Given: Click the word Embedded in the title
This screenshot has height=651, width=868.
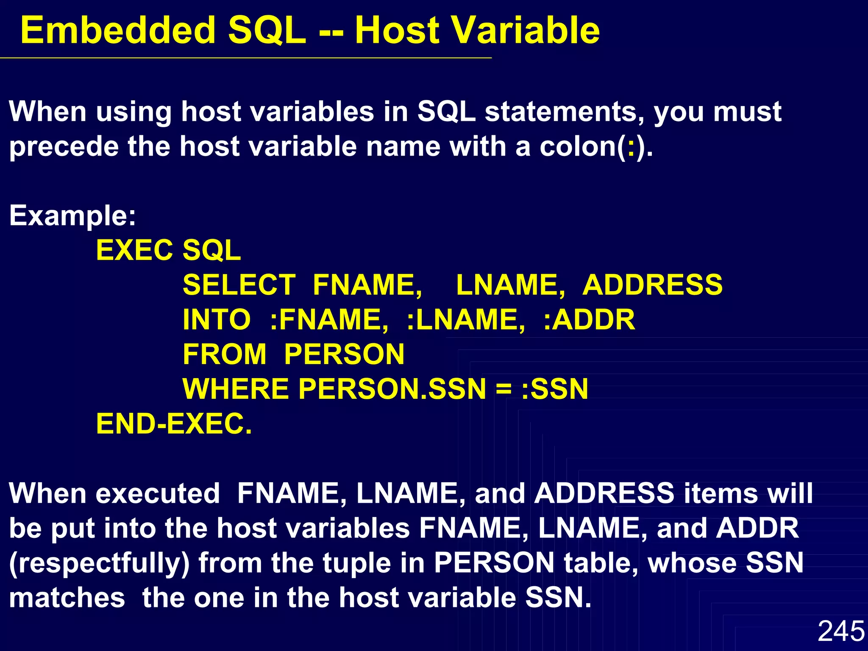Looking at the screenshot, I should pyautogui.click(x=118, y=31).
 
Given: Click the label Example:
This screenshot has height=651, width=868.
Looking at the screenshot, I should pyautogui.click(x=72, y=216).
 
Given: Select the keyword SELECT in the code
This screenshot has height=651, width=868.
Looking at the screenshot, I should pyautogui.click(x=239, y=285).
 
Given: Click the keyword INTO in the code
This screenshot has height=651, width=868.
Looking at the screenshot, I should pyautogui.click(x=217, y=320).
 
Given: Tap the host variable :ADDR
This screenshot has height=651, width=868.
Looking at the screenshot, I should pyautogui.click(x=589, y=320).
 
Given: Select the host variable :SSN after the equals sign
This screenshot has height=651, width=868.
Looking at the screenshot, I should pyautogui.click(x=555, y=389).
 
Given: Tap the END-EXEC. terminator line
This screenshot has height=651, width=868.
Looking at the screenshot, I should pyautogui.click(x=174, y=424).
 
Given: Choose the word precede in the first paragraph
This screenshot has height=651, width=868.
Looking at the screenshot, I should pyautogui.click(x=64, y=147).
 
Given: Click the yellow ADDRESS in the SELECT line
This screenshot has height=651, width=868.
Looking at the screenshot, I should pyautogui.click(x=652, y=285).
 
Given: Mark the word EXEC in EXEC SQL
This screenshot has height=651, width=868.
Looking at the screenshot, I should pyautogui.click(x=134, y=250).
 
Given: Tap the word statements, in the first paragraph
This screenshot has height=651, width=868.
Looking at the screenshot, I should pyautogui.click(x=564, y=112).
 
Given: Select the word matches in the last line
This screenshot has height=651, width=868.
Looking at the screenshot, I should pyautogui.click(x=67, y=598).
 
